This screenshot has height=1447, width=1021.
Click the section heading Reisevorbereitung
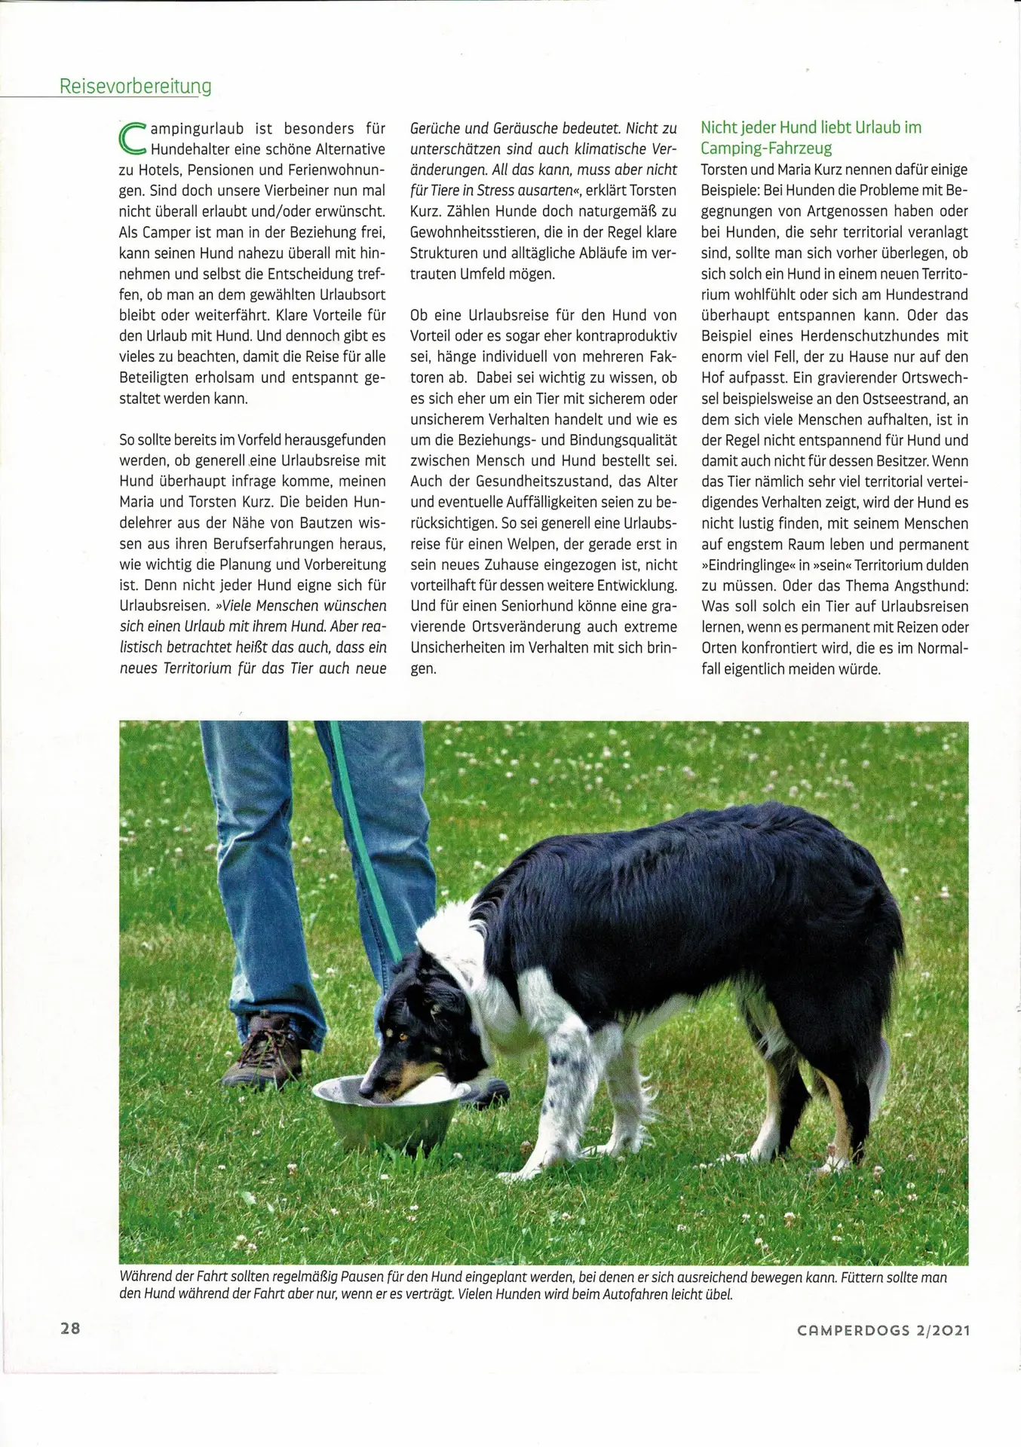[x=135, y=86]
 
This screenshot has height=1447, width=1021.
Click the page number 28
[x=70, y=1328]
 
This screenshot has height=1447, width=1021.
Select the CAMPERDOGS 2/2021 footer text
[x=883, y=1330]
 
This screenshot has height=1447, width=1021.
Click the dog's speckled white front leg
[x=561, y=1071]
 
